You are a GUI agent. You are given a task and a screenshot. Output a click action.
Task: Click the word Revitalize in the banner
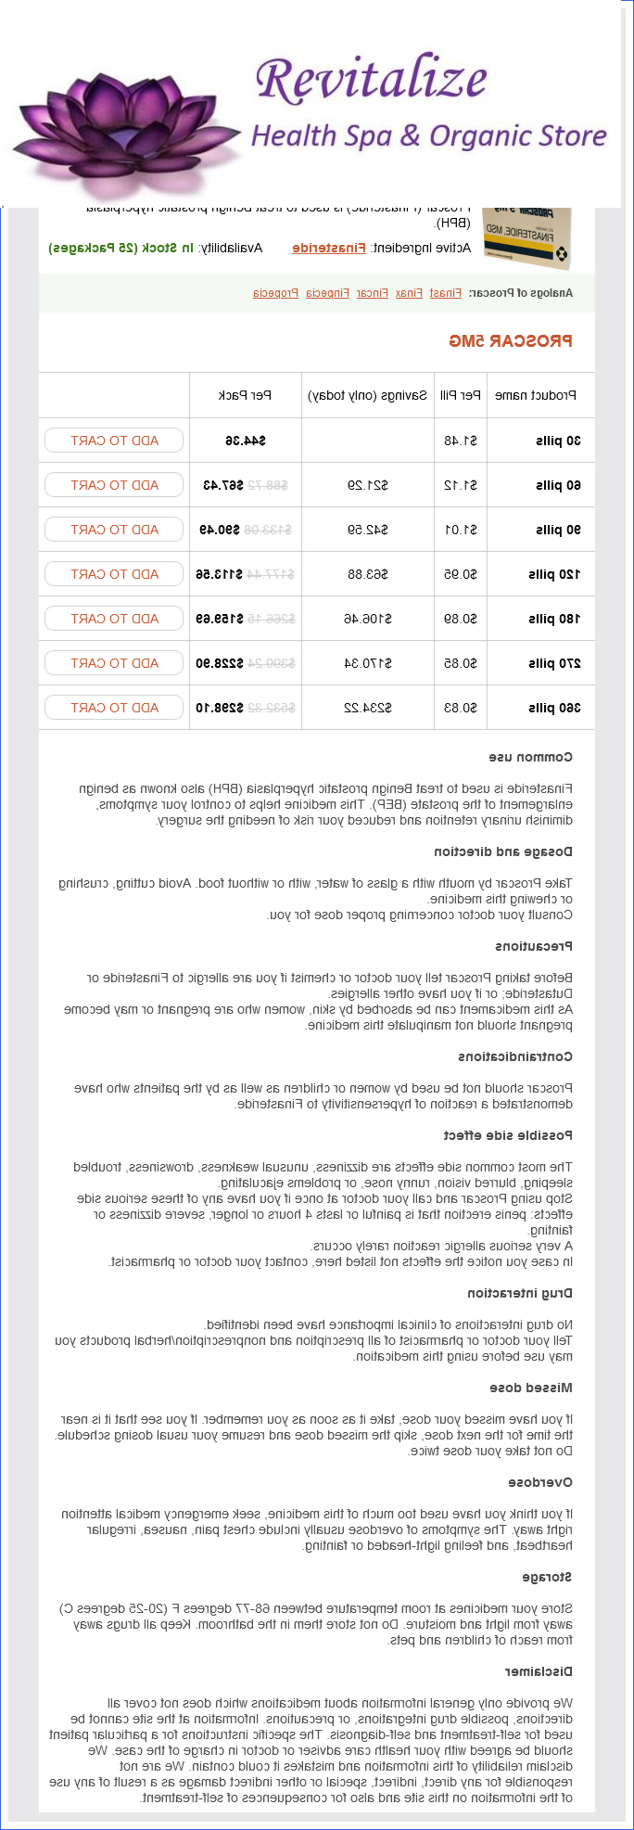[371, 79]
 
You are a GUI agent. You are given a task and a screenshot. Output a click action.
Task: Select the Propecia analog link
[275, 293]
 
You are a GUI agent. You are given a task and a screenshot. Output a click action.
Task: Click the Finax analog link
[409, 293]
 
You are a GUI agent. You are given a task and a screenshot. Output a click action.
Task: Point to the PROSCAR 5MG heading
[511, 341]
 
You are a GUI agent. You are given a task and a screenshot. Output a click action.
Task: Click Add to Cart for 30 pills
[114, 441]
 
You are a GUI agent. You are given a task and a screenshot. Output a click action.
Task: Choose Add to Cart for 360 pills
[114, 708]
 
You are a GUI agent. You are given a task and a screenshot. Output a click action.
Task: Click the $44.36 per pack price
[246, 441]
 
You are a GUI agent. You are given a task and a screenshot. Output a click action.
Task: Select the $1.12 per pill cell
[461, 485]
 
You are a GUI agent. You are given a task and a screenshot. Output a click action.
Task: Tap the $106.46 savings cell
[368, 619]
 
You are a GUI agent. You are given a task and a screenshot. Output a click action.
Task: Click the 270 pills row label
[554, 663]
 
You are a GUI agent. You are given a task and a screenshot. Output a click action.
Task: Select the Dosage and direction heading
[503, 851]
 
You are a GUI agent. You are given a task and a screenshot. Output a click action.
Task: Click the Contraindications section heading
[515, 1056]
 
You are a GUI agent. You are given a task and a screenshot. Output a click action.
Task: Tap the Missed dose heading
[531, 1388]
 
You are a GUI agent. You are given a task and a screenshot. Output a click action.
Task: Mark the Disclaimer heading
[539, 1671]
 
